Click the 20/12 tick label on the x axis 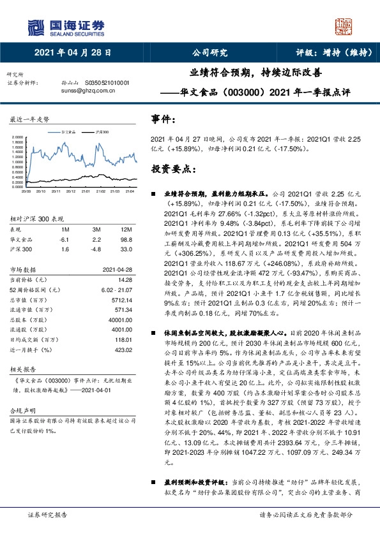pyautogui.click(x=70, y=190)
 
